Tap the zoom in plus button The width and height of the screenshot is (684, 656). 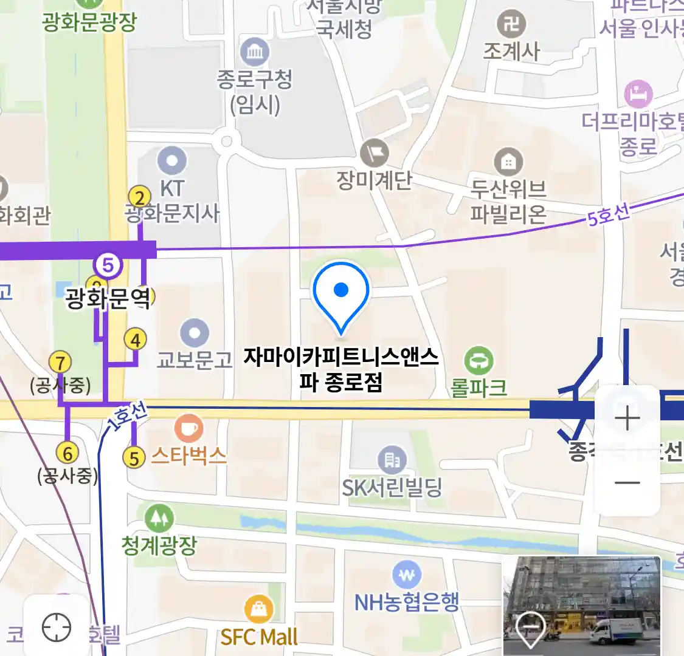pyautogui.click(x=627, y=419)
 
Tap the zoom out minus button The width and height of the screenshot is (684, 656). pyautogui.click(x=627, y=483)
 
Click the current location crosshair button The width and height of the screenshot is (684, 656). pyautogui.click(x=57, y=627)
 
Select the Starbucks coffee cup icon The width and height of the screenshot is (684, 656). pyautogui.click(x=188, y=428)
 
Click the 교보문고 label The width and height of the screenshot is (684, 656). pyautogui.click(x=195, y=360)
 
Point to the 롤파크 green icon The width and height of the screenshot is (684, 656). pyautogui.click(x=479, y=361)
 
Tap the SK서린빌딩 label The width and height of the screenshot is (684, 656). pyautogui.click(x=392, y=487)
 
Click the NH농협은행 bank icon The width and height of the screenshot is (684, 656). pyautogui.click(x=407, y=574)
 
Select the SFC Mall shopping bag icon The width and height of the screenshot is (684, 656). pyautogui.click(x=259, y=609)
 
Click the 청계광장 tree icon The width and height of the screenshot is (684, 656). pyautogui.click(x=159, y=518)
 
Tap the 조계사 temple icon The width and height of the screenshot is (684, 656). pyautogui.click(x=511, y=25)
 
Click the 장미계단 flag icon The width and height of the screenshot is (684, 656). pyautogui.click(x=374, y=153)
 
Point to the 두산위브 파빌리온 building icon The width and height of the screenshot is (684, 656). pyautogui.click(x=508, y=162)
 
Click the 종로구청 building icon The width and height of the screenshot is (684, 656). pyautogui.click(x=255, y=52)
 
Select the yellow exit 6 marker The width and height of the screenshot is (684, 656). pyautogui.click(x=67, y=453)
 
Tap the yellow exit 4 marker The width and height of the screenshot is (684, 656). pyautogui.click(x=136, y=340)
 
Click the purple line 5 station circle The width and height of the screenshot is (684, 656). pyautogui.click(x=108, y=265)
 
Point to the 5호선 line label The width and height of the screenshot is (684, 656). pyautogui.click(x=608, y=216)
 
